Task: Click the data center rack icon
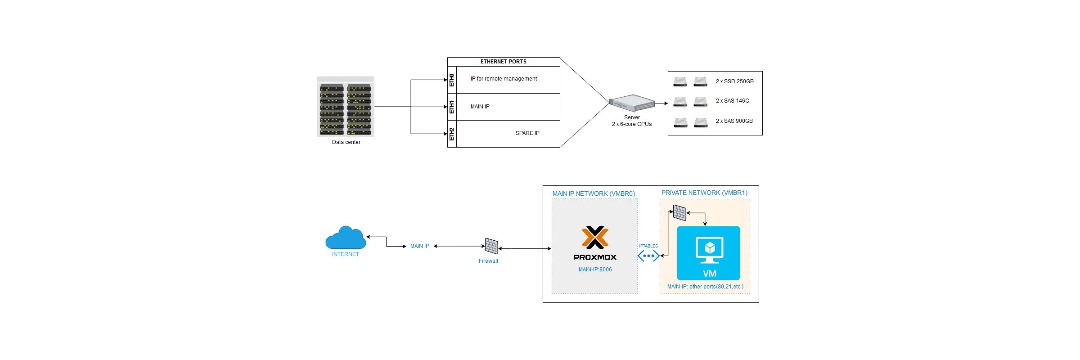click(x=346, y=107)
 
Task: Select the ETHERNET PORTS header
click(x=503, y=62)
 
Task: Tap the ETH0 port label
click(x=452, y=80)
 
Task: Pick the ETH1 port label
click(x=452, y=107)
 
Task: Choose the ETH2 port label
click(x=452, y=134)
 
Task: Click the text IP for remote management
click(x=504, y=79)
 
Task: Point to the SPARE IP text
click(x=527, y=133)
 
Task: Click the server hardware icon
click(x=632, y=103)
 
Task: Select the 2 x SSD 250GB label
click(x=734, y=81)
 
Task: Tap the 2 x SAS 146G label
click(x=732, y=101)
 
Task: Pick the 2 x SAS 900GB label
click(x=734, y=121)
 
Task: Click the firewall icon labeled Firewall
click(x=491, y=246)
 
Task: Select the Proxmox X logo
click(x=595, y=237)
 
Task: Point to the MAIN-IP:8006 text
click(x=595, y=270)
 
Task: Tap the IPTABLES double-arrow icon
click(x=648, y=256)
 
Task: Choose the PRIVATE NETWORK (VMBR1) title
click(x=704, y=193)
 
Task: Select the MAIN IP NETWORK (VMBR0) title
click(x=594, y=193)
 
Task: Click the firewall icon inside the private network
click(x=679, y=212)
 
